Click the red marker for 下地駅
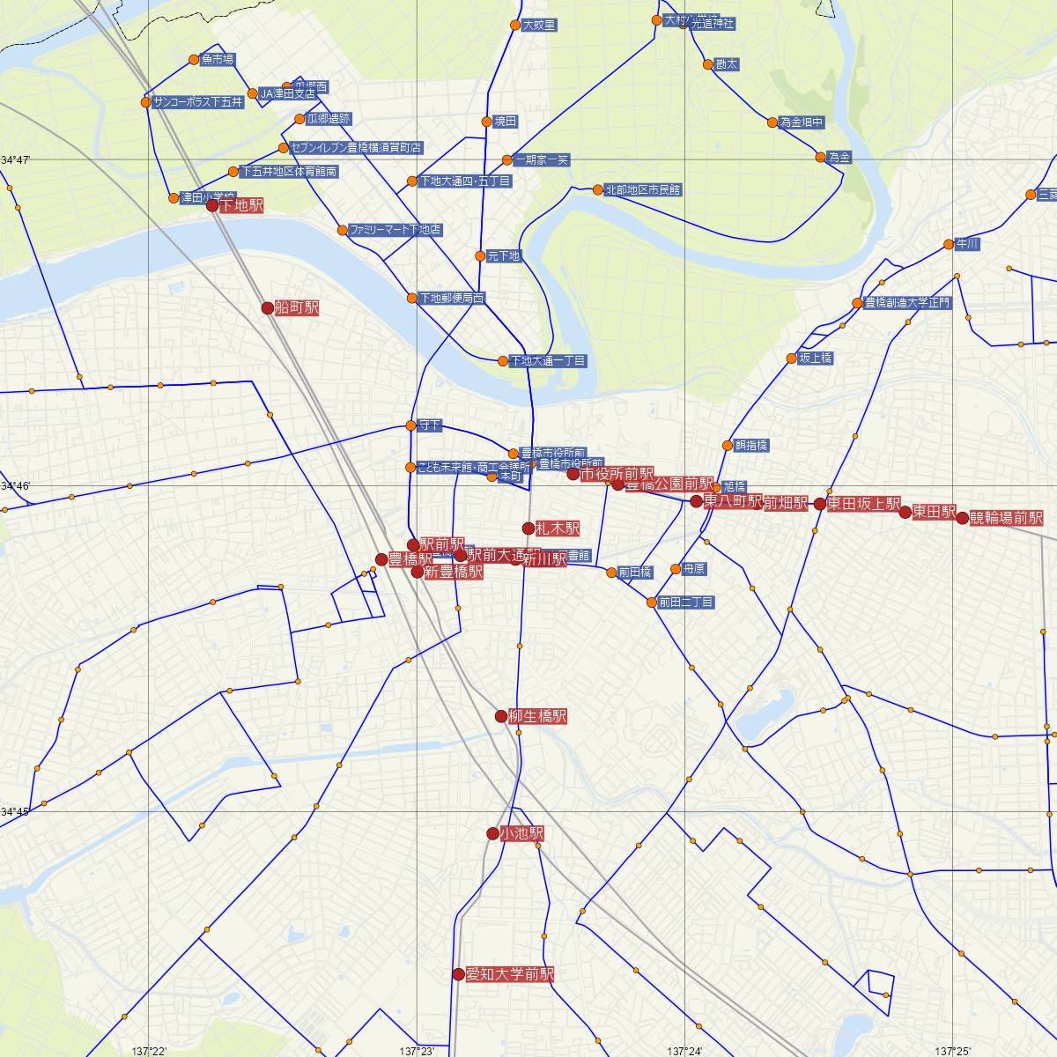(211, 205)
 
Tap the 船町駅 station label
(297, 307)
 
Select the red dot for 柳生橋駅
(501, 716)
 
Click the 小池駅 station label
(522, 833)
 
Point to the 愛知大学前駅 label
(510, 974)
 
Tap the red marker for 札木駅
(528, 528)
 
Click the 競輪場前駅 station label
(1006, 518)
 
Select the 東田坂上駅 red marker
(820, 505)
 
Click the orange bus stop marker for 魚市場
(194, 60)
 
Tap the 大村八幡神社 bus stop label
(699, 22)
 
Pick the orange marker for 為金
(821, 158)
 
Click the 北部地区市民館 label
(643, 189)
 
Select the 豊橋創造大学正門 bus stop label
(908, 303)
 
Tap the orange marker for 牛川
(948, 244)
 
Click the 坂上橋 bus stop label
(815, 358)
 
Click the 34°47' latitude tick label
(16, 160)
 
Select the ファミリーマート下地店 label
(395, 230)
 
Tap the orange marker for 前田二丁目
(652, 602)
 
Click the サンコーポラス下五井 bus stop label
(197, 102)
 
